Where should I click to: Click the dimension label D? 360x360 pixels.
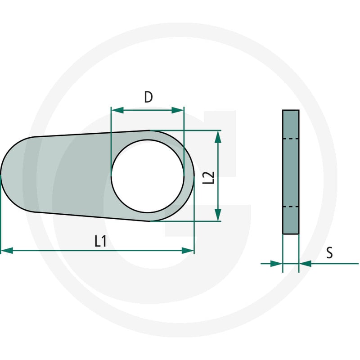pos(148,97)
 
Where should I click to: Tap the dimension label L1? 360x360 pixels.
pos(100,241)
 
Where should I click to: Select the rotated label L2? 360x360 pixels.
pos(208,177)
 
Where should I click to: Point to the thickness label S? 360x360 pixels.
pos(329,253)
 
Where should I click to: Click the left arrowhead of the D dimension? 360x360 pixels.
pos(117,110)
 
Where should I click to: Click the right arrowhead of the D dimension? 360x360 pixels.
pos(178,110)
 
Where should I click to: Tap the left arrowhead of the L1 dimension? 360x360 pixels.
pos(7,251)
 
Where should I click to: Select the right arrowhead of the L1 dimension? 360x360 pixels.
pos(188,251)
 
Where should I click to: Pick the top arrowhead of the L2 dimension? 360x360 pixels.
pos(218,137)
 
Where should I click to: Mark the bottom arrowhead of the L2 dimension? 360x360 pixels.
pos(218,215)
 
